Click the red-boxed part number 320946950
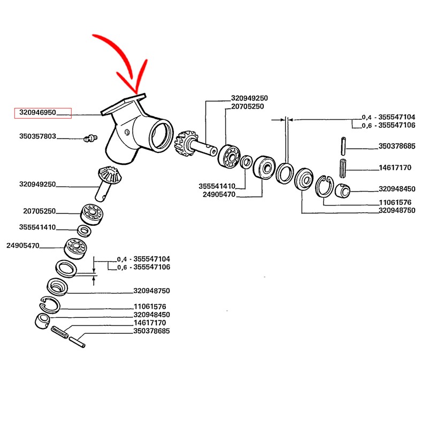coord(37,113)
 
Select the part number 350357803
coord(37,136)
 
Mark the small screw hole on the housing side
coord(127,132)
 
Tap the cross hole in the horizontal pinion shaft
coord(212,150)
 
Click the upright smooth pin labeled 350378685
coord(343,146)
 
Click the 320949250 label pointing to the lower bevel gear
coord(37,184)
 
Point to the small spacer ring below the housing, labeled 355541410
coord(84,231)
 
